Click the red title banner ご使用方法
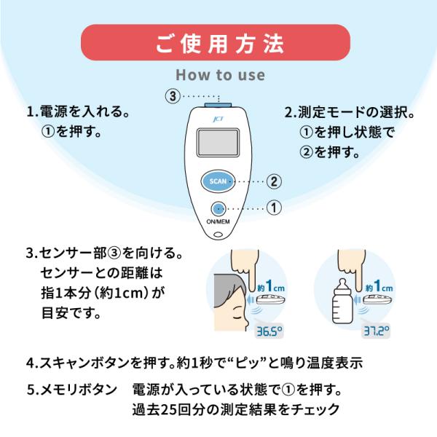[x=216, y=43]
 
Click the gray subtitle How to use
[x=221, y=75]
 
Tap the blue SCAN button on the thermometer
[x=218, y=181]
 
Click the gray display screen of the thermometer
[x=218, y=143]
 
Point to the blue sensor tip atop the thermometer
[x=218, y=105]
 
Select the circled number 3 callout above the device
[x=173, y=96]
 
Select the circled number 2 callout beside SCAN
[x=274, y=181]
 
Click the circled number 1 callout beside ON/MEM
[x=274, y=208]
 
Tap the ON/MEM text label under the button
[x=218, y=222]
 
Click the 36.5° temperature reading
[x=269, y=331]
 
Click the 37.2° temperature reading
[x=376, y=331]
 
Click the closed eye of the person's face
[x=237, y=310]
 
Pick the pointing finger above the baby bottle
[x=352, y=269]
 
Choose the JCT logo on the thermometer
[x=218, y=119]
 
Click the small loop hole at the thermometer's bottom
[x=219, y=235]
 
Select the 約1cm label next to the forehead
[x=271, y=286]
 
